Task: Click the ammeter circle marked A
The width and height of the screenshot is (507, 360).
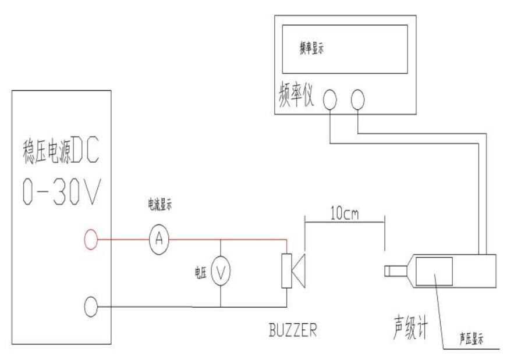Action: (156, 240)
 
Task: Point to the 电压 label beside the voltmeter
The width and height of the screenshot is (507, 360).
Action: (200, 273)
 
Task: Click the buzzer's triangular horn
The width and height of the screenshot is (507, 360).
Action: (299, 271)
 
